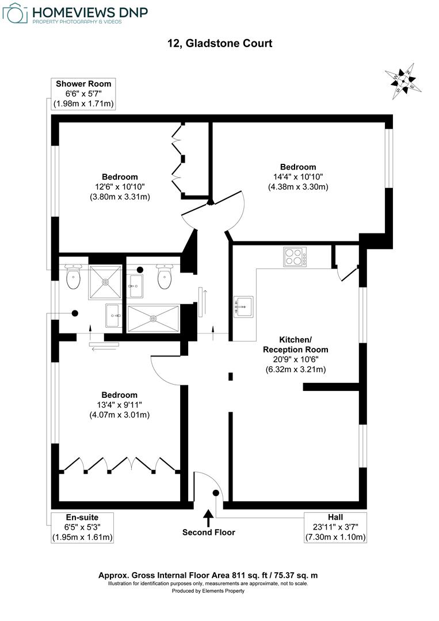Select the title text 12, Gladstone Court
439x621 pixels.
pyautogui.click(x=219, y=44)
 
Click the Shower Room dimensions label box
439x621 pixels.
pyautogui.click(x=83, y=94)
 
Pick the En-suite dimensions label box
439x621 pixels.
pyautogui.click(x=83, y=527)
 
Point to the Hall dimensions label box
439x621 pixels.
pyautogui.click(x=336, y=527)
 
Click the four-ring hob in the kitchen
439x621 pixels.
pyautogui.click(x=295, y=256)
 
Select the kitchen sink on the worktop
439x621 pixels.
pyautogui.click(x=244, y=306)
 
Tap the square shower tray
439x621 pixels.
pyautogui.click(x=105, y=282)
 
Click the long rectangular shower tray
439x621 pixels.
pyautogui.click(x=153, y=318)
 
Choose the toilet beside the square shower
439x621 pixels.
pyautogui.click(x=74, y=278)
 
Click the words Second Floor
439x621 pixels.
pyautogui.click(x=209, y=532)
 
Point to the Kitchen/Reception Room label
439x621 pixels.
pyautogui.click(x=296, y=344)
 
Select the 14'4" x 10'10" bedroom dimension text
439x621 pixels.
pyautogui.click(x=298, y=177)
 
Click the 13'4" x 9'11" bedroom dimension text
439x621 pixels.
pyautogui.click(x=120, y=405)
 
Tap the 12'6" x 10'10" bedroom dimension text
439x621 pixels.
pyautogui.click(x=120, y=187)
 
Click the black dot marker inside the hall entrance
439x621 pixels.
pyautogui.click(x=216, y=492)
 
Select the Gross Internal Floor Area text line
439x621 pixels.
pyautogui.click(x=208, y=575)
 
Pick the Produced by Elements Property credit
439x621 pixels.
pyautogui.click(x=208, y=591)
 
